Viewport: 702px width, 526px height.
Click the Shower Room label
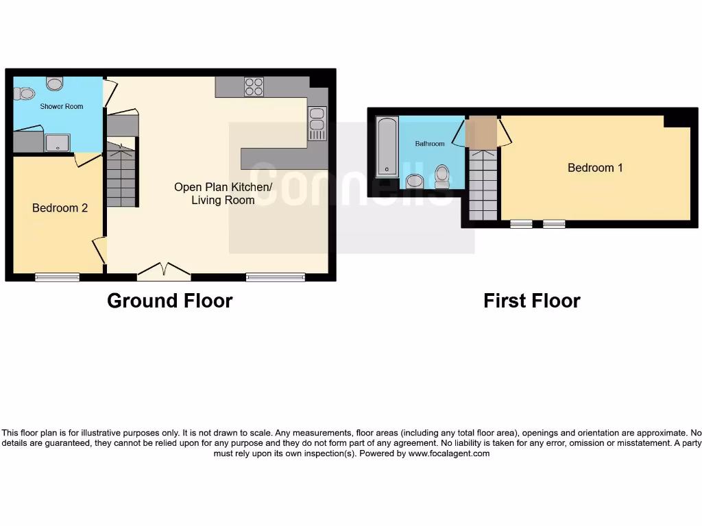pyautogui.click(x=61, y=106)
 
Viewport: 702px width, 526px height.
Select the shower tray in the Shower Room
pyautogui.click(x=56, y=142)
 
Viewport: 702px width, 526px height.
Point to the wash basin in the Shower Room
pyautogui.click(x=55, y=83)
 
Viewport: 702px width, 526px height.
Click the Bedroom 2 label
pyautogui.click(x=60, y=208)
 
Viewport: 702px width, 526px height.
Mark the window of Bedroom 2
pyautogui.click(x=57, y=277)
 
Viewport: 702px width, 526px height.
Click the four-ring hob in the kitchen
pyautogui.click(x=254, y=87)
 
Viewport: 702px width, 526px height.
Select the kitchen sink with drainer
pyautogui.click(x=317, y=124)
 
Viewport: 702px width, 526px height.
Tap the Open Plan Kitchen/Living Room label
pyautogui.click(x=223, y=193)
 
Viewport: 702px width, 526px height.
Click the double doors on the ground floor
pyautogui.click(x=164, y=273)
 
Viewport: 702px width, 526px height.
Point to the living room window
pyautogui.click(x=276, y=277)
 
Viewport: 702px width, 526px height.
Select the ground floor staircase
pyautogui.click(x=121, y=175)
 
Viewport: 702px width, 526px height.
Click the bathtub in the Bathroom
pyautogui.click(x=387, y=147)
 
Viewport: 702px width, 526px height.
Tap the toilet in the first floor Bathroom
pyautogui.click(x=441, y=176)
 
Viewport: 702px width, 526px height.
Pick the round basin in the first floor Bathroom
pyautogui.click(x=415, y=181)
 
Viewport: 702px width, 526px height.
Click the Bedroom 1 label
pyautogui.click(x=595, y=168)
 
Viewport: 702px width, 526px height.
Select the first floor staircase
pyautogui.click(x=482, y=185)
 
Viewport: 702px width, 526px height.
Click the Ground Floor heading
pyautogui.click(x=169, y=301)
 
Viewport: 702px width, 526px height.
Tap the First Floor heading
pyautogui.click(x=531, y=301)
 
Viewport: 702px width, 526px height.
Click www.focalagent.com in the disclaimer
pyautogui.click(x=448, y=453)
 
